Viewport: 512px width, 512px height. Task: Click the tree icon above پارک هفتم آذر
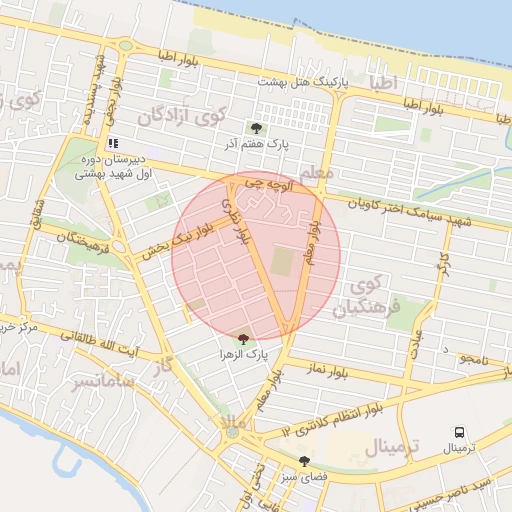(257, 128)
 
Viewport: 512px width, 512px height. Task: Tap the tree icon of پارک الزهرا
(244, 340)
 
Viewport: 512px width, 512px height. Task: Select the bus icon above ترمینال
(459, 432)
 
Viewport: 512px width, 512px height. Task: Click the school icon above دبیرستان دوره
(114, 143)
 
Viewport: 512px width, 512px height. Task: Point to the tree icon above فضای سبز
(304, 461)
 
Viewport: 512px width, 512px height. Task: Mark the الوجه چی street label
(272, 185)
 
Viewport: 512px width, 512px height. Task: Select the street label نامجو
(473, 359)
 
